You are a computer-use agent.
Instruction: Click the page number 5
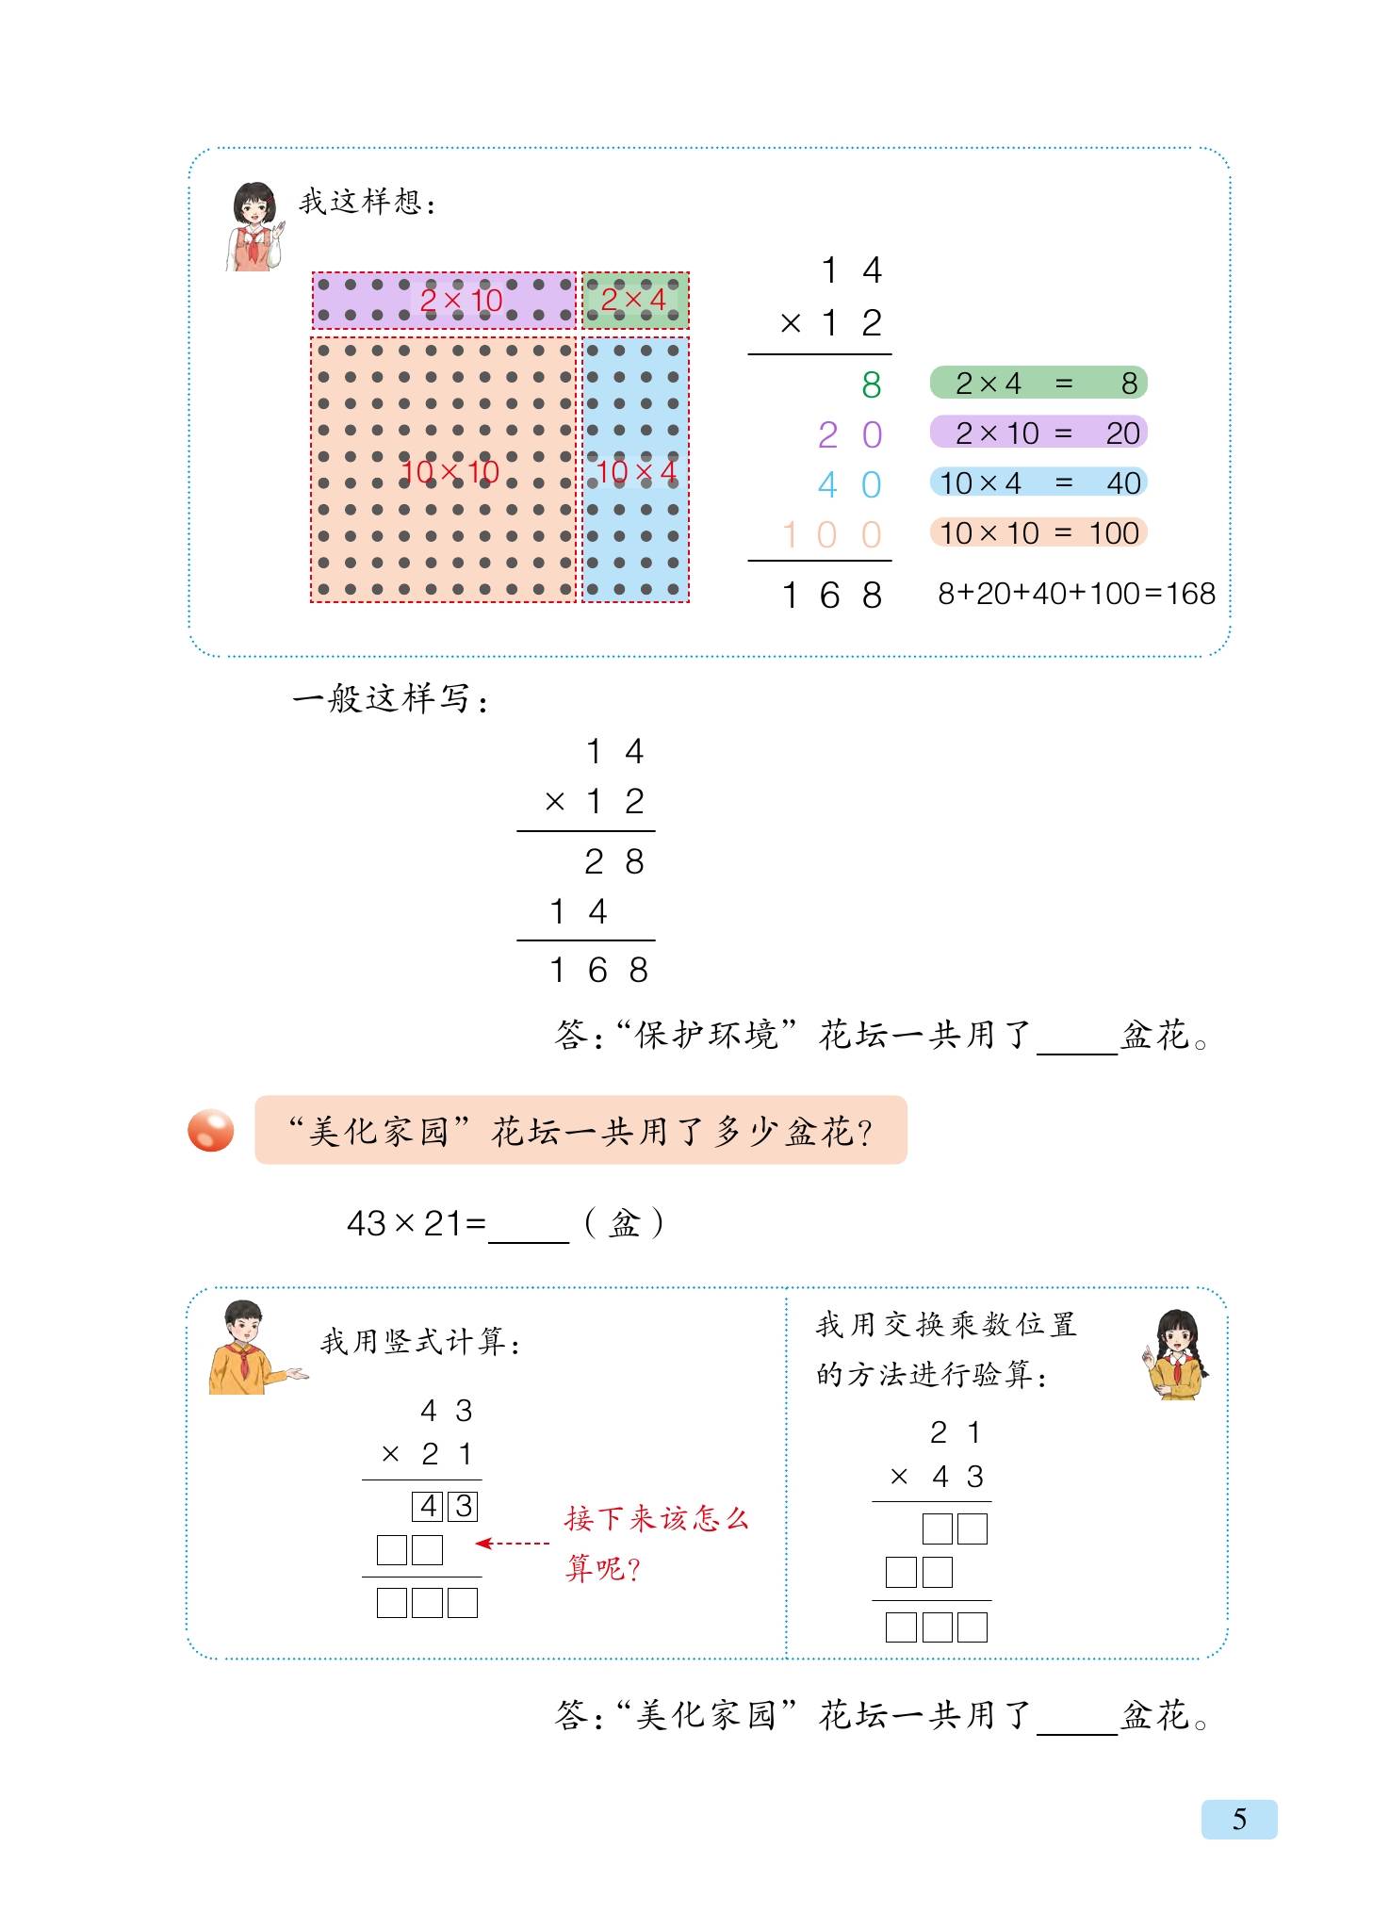tap(1238, 1819)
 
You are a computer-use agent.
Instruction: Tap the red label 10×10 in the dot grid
tap(449, 471)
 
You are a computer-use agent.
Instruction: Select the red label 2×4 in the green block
tap(633, 300)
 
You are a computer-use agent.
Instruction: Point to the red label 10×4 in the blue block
tap(636, 471)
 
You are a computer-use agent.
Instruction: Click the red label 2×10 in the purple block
tap(461, 301)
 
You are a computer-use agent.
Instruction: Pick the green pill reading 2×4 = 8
tap(1038, 384)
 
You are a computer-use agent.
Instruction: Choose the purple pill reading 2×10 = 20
tap(1038, 433)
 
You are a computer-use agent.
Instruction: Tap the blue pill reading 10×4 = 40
tap(1038, 483)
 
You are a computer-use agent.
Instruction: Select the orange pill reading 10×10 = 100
tap(1038, 533)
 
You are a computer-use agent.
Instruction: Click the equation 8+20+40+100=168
tap(1076, 594)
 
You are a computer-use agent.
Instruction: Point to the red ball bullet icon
tap(210, 1130)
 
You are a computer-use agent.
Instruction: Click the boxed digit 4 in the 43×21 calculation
tap(428, 1506)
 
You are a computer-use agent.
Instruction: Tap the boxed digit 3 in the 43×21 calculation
tap(463, 1506)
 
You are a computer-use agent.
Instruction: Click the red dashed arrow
tap(513, 1544)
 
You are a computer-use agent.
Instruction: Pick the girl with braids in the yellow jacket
tap(1176, 1355)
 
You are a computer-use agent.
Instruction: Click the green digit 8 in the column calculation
tap(871, 384)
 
